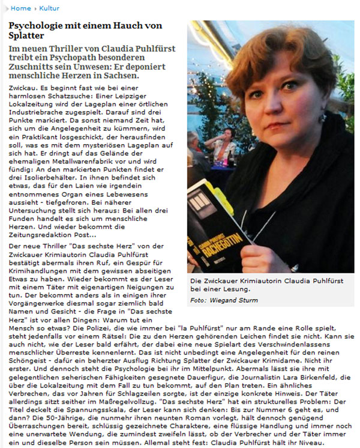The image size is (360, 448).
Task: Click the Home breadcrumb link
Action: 20,8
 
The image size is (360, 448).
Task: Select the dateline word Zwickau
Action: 23,88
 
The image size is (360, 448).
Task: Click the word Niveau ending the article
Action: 340,438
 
